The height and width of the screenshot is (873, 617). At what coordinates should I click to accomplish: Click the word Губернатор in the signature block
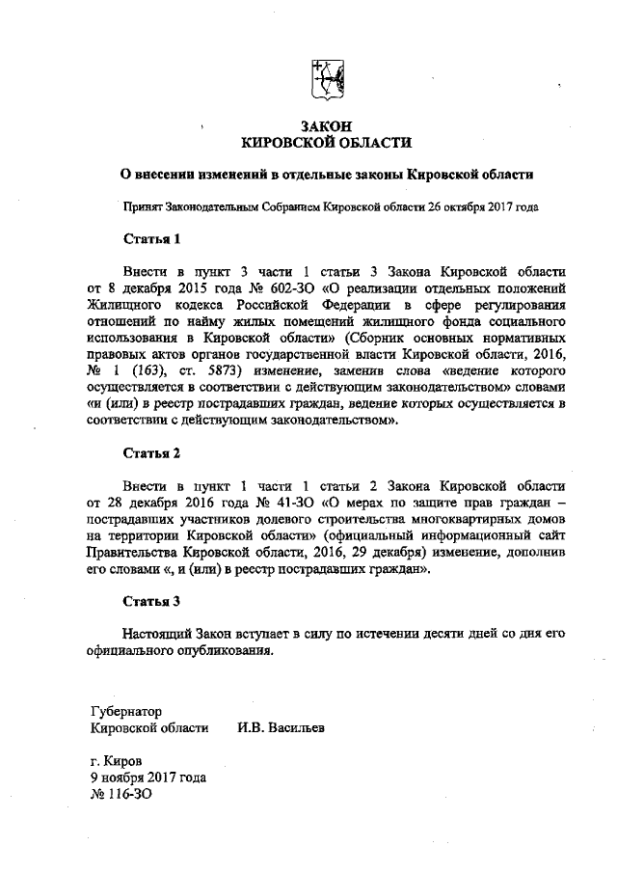pos(126,711)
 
